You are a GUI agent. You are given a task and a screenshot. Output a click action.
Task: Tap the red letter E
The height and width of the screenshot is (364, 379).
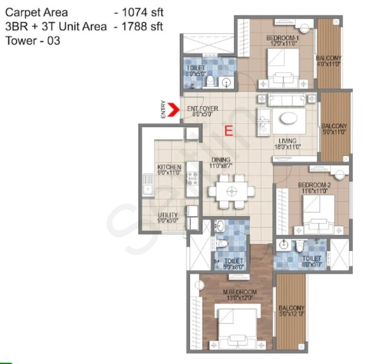pos(228,131)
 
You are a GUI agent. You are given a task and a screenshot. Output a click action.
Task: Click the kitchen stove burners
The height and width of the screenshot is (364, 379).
pos(192,178)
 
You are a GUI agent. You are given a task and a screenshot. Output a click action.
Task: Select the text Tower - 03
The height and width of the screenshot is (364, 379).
pos(33,41)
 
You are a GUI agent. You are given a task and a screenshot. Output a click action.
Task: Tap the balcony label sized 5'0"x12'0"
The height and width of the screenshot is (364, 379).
pos(291,311)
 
